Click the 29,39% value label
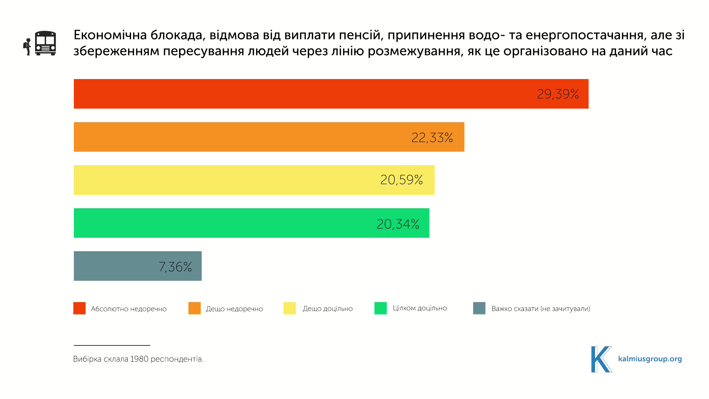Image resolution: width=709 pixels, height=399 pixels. (x=558, y=94)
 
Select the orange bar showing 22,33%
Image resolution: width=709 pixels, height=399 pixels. (x=269, y=137)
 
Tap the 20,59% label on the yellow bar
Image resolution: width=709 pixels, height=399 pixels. (x=401, y=180)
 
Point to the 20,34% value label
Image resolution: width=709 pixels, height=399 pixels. (x=398, y=224)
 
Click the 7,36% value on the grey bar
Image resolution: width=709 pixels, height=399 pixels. (x=175, y=267)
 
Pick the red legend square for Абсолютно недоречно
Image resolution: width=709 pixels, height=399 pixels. (x=79, y=308)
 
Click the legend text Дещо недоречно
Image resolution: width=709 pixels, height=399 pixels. (x=234, y=309)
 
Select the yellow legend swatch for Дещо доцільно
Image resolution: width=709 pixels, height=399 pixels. (x=290, y=308)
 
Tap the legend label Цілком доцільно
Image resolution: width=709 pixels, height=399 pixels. (x=420, y=308)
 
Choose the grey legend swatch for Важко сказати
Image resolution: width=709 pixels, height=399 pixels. (x=479, y=308)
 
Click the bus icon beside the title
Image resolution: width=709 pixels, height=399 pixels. (x=45, y=43)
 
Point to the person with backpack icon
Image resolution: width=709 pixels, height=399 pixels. (x=27, y=46)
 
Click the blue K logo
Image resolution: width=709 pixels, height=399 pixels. (x=601, y=359)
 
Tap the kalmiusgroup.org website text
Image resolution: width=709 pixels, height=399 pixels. (x=650, y=359)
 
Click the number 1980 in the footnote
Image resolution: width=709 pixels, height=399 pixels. (x=139, y=359)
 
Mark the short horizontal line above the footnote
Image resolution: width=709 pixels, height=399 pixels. (x=112, y=345)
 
